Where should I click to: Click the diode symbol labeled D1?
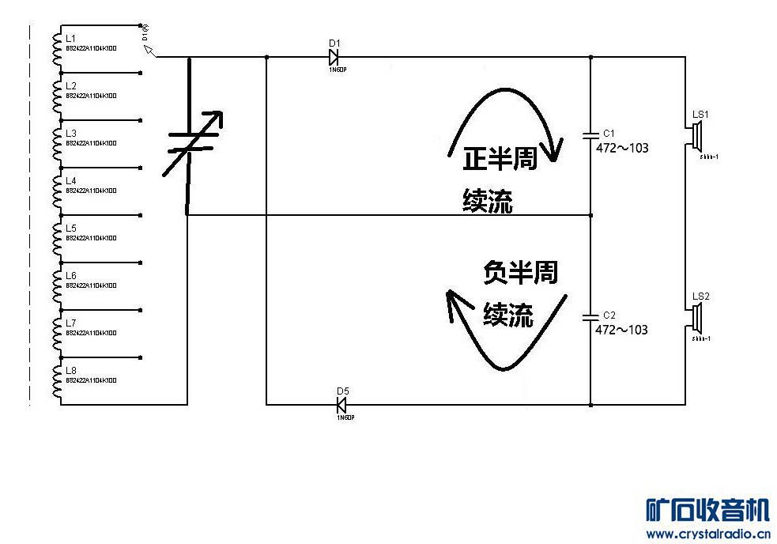click(334, 57)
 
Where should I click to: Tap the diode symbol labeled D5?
click(341, 405)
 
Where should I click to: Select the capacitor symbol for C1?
click(590, 135)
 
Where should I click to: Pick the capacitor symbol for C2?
click(590, 317)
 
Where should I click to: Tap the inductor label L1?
click(71, 38)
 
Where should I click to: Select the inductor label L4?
click(71, 180)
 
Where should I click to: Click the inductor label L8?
click(71, 370)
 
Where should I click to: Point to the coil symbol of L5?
click(56, 238)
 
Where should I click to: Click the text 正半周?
click(500, 159)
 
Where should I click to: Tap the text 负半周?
click(519, 273)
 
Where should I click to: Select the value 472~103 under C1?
click(621, 147)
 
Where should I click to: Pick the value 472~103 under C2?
click(621, 329)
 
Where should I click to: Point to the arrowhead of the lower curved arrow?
click(451, 300)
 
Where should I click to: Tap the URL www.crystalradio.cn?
click(707, 534)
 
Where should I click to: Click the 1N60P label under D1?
click(337, 70)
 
